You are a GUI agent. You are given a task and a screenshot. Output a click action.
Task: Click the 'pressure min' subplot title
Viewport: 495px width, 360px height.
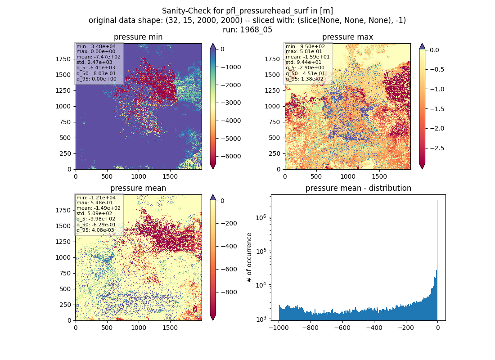(x=138, y=37)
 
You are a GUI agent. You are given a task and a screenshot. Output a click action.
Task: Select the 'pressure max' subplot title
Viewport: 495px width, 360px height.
(x=347, y=37)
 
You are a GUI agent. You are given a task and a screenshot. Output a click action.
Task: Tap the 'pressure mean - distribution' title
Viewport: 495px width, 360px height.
(x=358, y=188)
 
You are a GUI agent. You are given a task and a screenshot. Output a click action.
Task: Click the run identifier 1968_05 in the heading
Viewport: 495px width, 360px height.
(x=256, y=30)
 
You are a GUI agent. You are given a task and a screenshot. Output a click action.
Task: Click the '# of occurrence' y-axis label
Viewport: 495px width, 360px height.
(x=249, y=258)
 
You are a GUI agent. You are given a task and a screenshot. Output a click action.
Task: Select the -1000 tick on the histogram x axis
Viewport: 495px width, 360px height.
(x=279, y=328)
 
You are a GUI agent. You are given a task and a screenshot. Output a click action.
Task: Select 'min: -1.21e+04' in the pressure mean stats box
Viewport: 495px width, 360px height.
(x=96, y=198)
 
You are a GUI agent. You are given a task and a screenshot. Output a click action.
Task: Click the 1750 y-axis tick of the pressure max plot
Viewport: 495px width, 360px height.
(x=272, y=59)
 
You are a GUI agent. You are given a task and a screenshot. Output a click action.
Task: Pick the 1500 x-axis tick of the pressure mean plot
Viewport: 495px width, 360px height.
(x=170, y=328)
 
